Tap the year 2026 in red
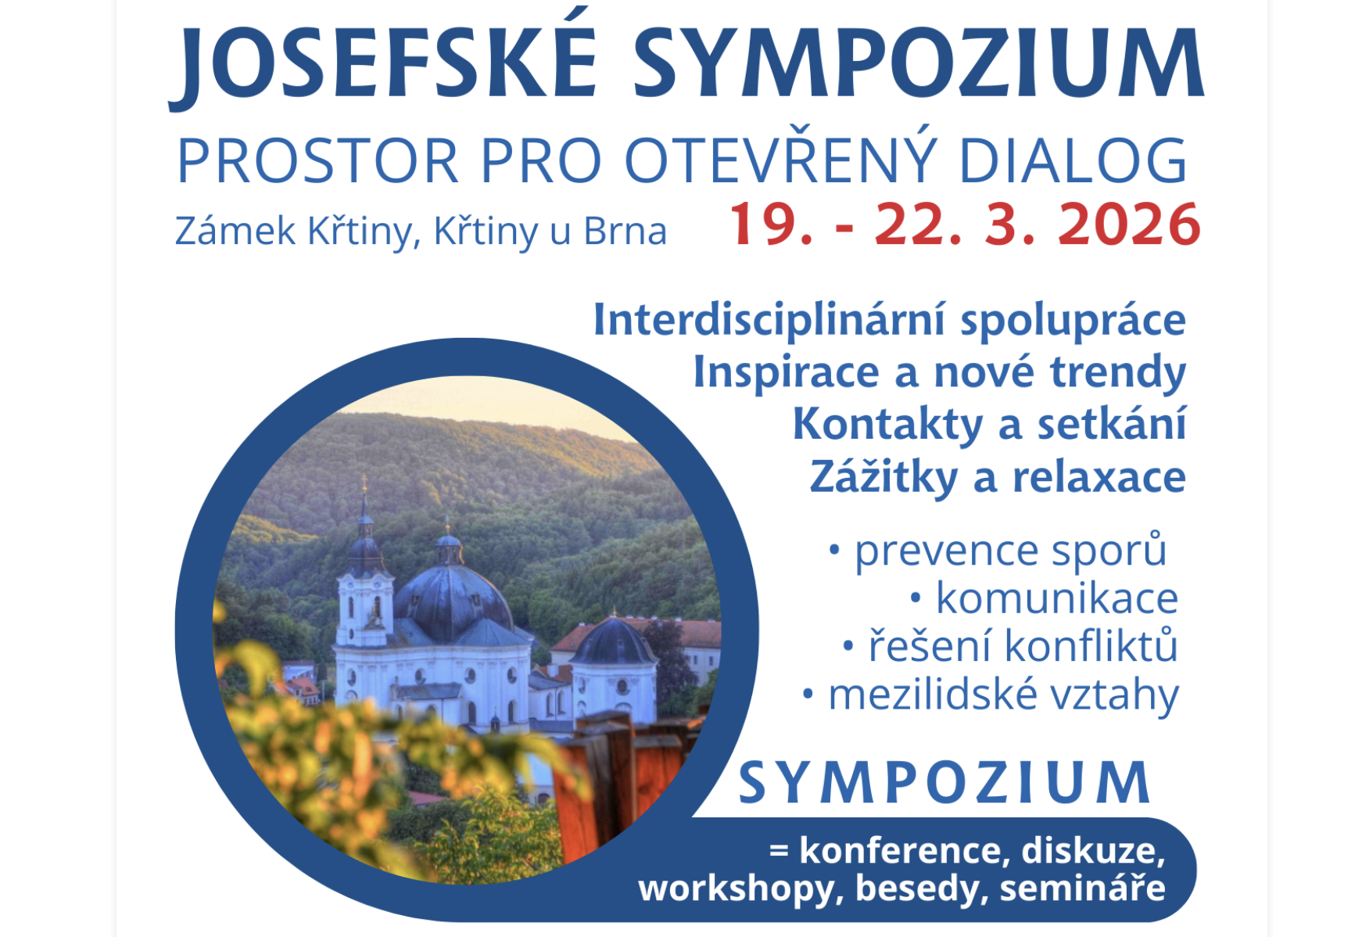(1129, 224)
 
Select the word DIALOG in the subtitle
(1073, 160)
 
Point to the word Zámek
(235, 230)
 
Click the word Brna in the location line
(625, 232)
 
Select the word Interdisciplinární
(769, 321)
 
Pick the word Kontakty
(887, 425)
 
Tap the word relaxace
(1099, 477)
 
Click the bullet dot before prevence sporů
(834, 551)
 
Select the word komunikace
(1057, 599)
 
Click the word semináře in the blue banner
(1083, 888)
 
